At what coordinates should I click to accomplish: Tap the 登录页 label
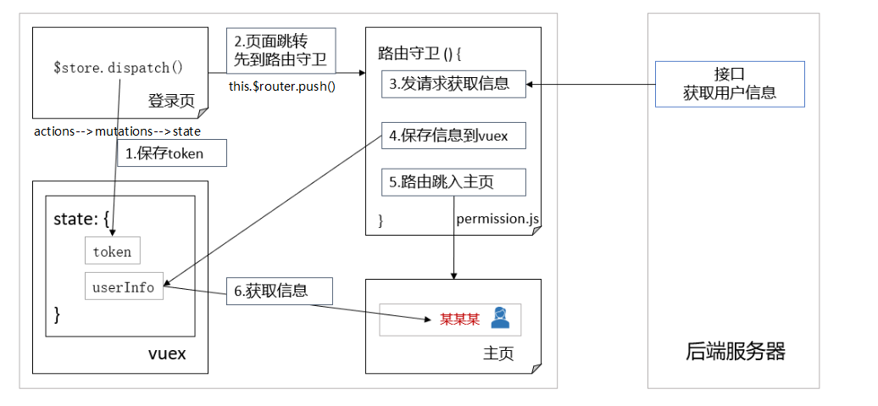pyautogui.click(x=170, y=101)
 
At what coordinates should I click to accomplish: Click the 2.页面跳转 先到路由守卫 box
pyautogui.click(x=281, y=51)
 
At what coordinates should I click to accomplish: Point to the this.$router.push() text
pyautogui.click(x=282, y=86)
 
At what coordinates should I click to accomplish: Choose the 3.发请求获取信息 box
pyautogui.click(x=453, y=83)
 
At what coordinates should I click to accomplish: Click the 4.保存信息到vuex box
pyautogui.click(x=453, y=135)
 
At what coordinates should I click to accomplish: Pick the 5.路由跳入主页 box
pyautogui.click(x=453, y=181)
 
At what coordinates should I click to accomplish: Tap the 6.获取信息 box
pyautogui.click(x=279, y=291)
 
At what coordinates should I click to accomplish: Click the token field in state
pyautogui.click(x=113, y=252)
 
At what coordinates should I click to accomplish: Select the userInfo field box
pyautogui.click(x=124, y=287)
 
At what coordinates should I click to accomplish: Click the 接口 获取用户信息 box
pyautogui.click(x=730, y=84)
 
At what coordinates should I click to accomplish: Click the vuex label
pyautogui.click(x=167, y=354)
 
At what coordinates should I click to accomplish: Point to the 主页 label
pyautogui.click(x=497, y=354)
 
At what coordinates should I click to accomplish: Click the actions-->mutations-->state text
pyautogui.click(x=117, y=131)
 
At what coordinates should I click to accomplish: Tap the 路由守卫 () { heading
pyautogui.click(x=420, y=53)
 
